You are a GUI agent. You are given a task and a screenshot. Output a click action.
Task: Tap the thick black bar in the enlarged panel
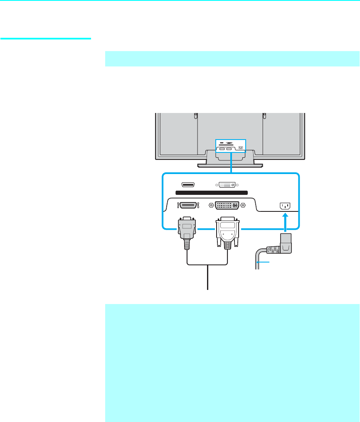pyautogui.click(x=211, y=193)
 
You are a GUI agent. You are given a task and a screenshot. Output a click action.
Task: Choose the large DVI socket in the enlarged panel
pyautogui.click(x=227, y=205)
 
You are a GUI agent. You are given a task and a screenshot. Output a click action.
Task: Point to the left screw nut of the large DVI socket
pyautogui.click(x=211, y=205)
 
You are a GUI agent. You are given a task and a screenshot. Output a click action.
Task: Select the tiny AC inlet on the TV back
pyautogui.click(x=241, y=147)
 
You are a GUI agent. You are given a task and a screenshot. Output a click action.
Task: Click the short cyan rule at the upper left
pyautogui.click(x=46, y=39)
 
